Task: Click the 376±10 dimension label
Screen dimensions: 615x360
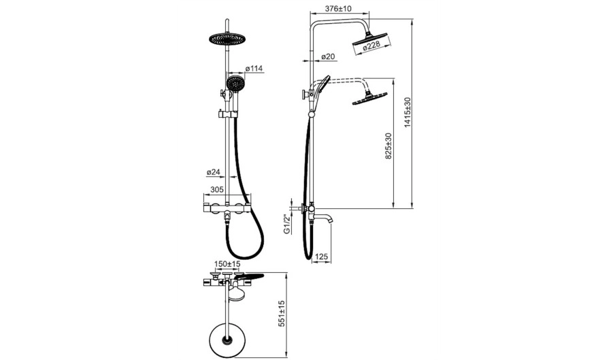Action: click(339, 8)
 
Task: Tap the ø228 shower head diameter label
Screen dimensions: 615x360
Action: click(371, 46)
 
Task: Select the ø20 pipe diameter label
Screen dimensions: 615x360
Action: click(328, 56)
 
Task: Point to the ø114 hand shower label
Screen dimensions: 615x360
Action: click(254, 69)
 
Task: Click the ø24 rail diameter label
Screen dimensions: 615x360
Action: click(214, 171)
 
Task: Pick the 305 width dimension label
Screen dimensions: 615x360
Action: click(217, 189)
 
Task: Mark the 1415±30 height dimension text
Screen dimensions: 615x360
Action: click(408, 112)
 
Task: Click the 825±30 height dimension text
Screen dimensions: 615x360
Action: click(388, 146)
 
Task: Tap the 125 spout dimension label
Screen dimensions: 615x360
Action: click(321, 257)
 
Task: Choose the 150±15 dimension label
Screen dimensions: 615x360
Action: click(227, 264)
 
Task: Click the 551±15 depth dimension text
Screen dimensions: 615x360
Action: click(281, 314)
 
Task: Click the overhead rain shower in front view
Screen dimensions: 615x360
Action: click(227, 38)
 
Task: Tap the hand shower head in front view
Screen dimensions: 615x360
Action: click(235, 84)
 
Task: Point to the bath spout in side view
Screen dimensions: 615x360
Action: click(323, 217)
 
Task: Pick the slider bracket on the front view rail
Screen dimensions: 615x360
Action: click(227, 114)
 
